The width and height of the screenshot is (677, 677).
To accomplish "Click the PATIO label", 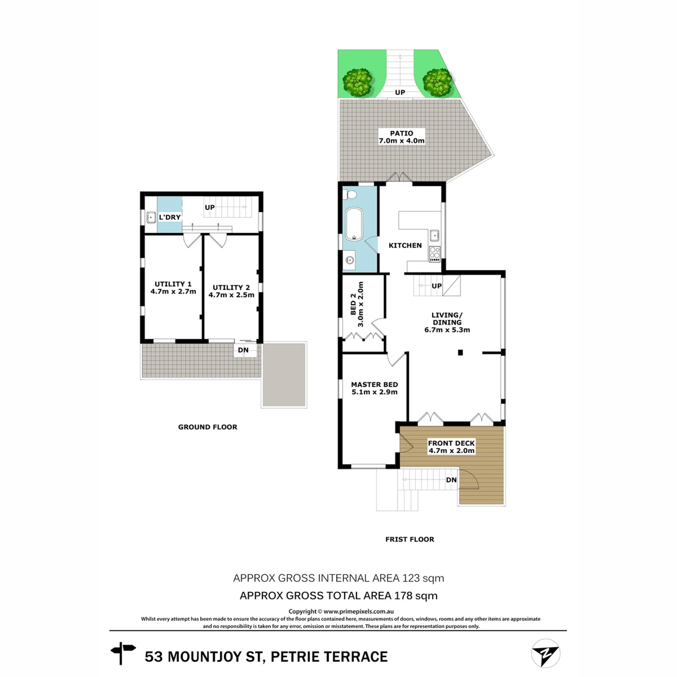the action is pos(401,133).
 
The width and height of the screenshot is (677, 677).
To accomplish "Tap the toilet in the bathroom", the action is pos(351,194).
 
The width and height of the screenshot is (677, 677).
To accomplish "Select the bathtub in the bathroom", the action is pos(354,224).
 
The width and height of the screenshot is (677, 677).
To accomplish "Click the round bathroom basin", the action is pos(349,261).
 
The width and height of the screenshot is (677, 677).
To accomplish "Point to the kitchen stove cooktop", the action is pos(434,254).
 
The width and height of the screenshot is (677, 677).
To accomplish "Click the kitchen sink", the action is pos(434,235).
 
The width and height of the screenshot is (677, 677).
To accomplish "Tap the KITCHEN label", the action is pos(405,245).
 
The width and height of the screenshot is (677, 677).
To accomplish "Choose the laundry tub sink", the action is pos(151,218).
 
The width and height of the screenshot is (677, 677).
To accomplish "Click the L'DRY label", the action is pos(170,217).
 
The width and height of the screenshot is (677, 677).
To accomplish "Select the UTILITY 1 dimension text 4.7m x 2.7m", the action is pos(173,292).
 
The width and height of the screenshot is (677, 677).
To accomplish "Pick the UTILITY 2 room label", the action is pos(231,287).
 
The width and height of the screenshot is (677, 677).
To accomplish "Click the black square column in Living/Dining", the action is pos(460,352).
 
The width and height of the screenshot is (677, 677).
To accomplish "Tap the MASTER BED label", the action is pos(374,385).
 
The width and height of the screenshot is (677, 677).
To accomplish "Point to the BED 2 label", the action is pos(353,308).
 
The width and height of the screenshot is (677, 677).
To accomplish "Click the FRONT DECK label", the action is pos(451,443).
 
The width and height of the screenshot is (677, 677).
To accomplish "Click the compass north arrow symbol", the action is pos(545,653).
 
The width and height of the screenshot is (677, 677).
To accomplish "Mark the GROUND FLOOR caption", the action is pos(208,427).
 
